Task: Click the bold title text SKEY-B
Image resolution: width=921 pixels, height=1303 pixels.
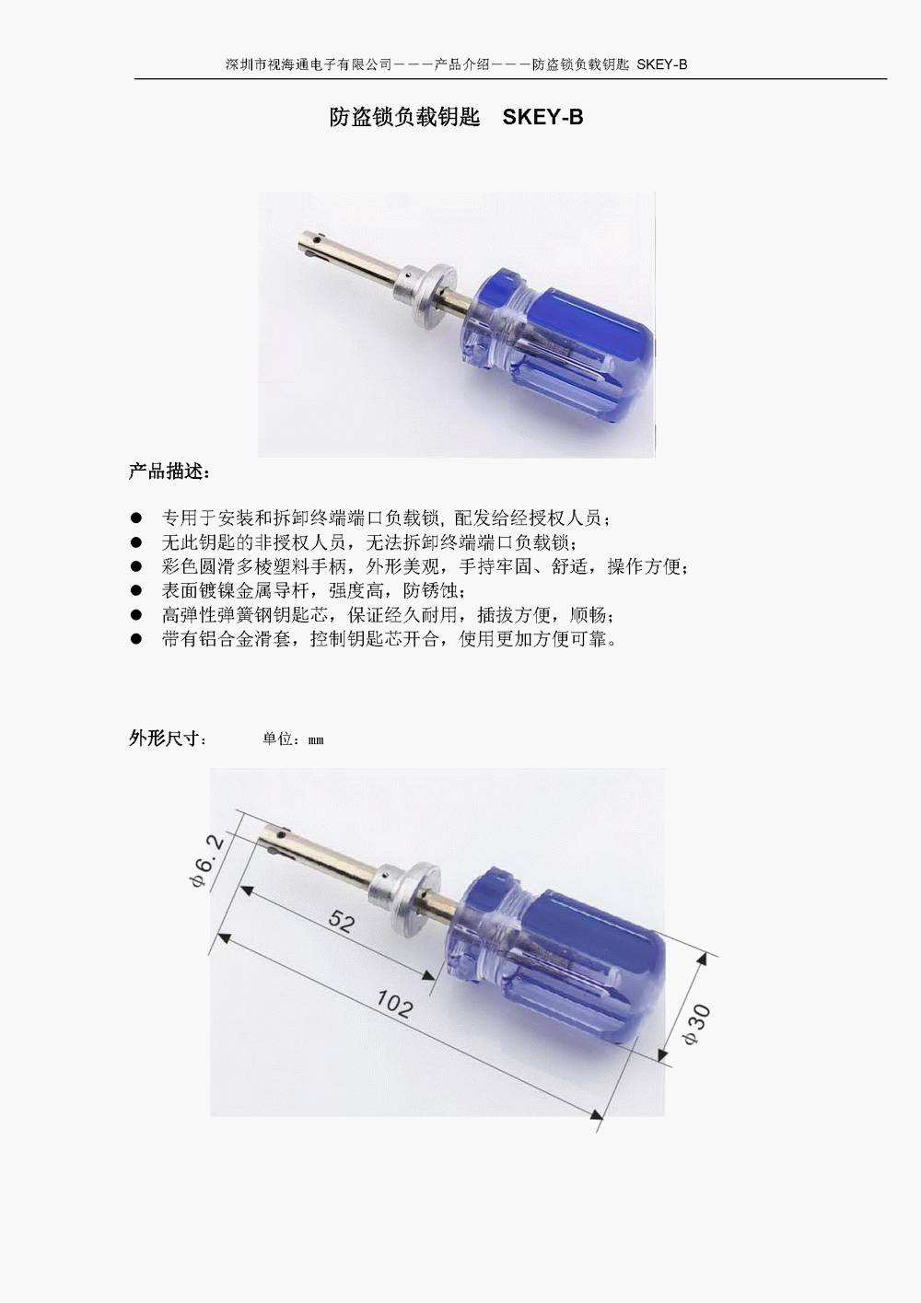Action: (x=542, y=118)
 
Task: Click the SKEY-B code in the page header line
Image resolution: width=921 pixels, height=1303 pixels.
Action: (x=662, y=64)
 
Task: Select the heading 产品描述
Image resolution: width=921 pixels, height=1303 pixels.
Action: (x=169, y=471)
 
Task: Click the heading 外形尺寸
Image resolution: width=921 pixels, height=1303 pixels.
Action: (x=167, y=739)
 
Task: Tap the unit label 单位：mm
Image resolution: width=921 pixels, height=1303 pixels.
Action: (x=293, y=739)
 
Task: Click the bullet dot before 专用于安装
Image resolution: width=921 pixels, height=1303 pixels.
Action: (x=136, y=518)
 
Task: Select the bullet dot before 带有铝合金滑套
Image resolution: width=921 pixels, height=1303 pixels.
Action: (x=136, y=639)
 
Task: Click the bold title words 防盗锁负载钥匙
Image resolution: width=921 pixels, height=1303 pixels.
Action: (x=405, y=118)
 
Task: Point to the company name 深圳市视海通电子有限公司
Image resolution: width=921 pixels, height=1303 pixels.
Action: (x=309, y=64)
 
